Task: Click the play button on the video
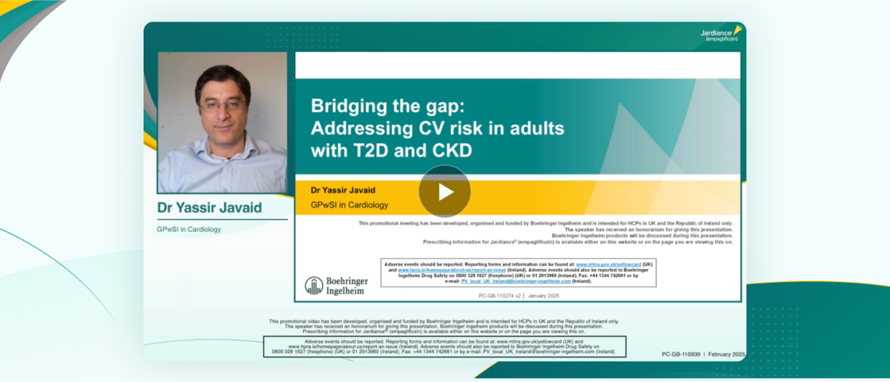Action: (445, 192)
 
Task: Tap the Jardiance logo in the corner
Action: (721, 34)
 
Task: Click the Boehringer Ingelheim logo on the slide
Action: (336, 285)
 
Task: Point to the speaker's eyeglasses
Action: (222, 105)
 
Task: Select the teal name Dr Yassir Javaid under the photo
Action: (209, 208)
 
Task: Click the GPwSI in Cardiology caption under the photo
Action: (189, 229)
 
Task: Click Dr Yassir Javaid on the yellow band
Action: (344, 190)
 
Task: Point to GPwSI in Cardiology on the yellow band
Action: (350, 205)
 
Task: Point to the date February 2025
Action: (726, 353)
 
